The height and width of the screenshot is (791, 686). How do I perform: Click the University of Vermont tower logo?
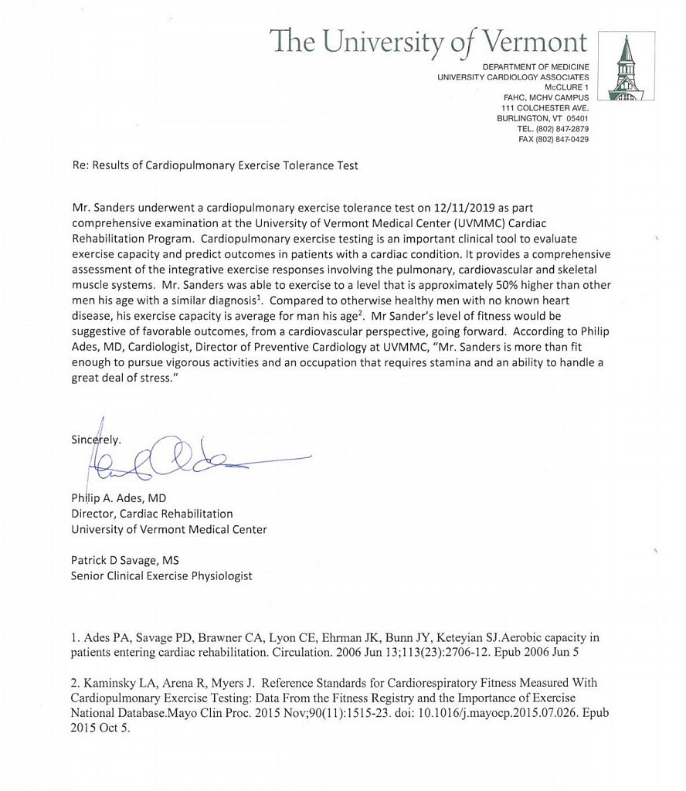626,67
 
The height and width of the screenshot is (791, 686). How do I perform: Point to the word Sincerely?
96,440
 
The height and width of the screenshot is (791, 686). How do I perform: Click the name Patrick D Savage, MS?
125,561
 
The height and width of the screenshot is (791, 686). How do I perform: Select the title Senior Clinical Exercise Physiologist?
161,575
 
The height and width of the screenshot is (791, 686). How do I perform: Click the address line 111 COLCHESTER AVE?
545,107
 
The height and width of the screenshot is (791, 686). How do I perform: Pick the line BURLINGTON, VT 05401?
542,118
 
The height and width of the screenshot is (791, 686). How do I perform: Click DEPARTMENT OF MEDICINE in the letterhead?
535,66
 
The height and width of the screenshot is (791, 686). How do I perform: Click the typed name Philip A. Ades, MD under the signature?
119,498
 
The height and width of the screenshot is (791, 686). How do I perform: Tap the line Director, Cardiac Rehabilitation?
151,513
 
